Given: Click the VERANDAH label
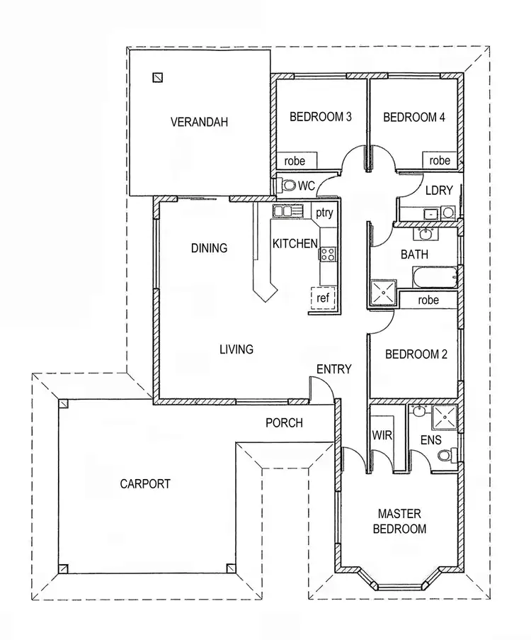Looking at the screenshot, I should coord(199,122).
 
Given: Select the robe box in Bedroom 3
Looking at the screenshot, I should coord(296,161).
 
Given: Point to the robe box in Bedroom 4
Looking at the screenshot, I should coord(440,161).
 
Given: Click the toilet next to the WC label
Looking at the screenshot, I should coord(287,185).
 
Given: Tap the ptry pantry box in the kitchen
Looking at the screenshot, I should coord(324,212).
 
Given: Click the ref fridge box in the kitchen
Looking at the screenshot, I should coord(323,298).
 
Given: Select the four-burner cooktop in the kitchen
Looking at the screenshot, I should coord(329,254).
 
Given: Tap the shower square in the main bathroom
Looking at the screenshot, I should coord(382,291).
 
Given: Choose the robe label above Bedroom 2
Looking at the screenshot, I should coord(428,300).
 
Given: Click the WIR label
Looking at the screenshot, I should coord(382,436).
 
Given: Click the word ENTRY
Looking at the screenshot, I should coord(333,369).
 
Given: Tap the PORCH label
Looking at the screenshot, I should coord(284,423).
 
